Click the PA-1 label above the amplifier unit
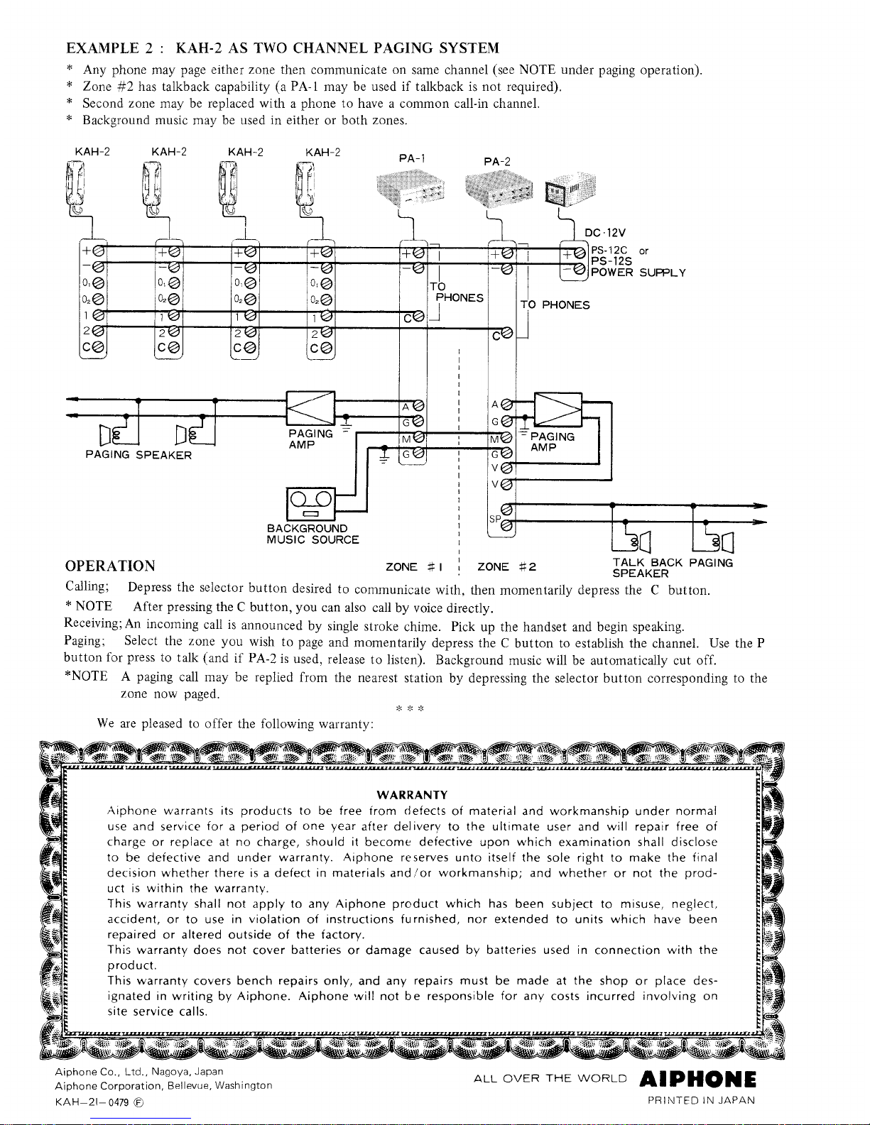412,158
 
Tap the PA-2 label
497,162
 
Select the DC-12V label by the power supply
605,233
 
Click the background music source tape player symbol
311,504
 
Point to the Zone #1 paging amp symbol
311,408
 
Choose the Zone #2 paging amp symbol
558,410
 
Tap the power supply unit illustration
570,190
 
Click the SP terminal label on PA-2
495,519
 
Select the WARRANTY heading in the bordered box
412,795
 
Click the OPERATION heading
110,566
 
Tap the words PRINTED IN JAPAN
701,1100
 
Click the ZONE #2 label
506,567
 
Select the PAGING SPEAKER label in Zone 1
138,455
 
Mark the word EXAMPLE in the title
103,48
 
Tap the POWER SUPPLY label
638,273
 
